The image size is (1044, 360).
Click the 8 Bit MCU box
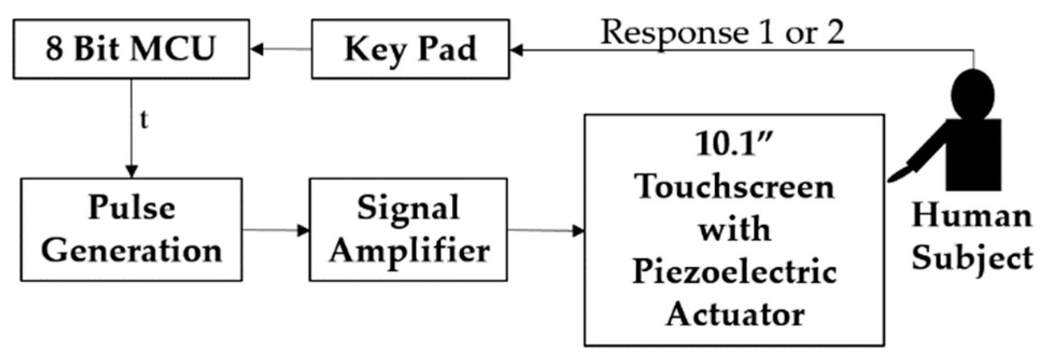[x=131, y=49]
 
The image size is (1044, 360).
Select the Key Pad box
[x=410, y=49]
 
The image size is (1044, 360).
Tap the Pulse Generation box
[x=131, y=230]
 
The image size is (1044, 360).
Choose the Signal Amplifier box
[x=408, y=230]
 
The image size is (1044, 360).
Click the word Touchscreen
[x=735, y=187]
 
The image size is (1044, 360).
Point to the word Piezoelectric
[x=735, y=272]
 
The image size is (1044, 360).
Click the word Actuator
[x=735, y=314]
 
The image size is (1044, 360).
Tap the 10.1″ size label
[x=734, y=144]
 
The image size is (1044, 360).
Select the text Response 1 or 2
[x=722, y=32]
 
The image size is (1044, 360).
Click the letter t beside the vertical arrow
[x=143, y=119]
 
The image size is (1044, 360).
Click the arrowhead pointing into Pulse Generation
[x=131, y=172]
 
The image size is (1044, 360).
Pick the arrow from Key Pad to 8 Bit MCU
[x=280, y=50]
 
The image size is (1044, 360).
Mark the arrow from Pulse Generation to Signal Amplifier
[x=275, y=230]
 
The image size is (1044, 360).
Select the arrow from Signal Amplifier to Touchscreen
[x=545, y=231]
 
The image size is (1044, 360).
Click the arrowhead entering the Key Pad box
[x=516, y=51]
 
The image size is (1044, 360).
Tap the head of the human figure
[x=971, y=95]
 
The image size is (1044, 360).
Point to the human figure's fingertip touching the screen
[x=892, y=178]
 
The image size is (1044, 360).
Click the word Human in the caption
[x=971, y=215]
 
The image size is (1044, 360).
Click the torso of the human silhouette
[x=974, y=153]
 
